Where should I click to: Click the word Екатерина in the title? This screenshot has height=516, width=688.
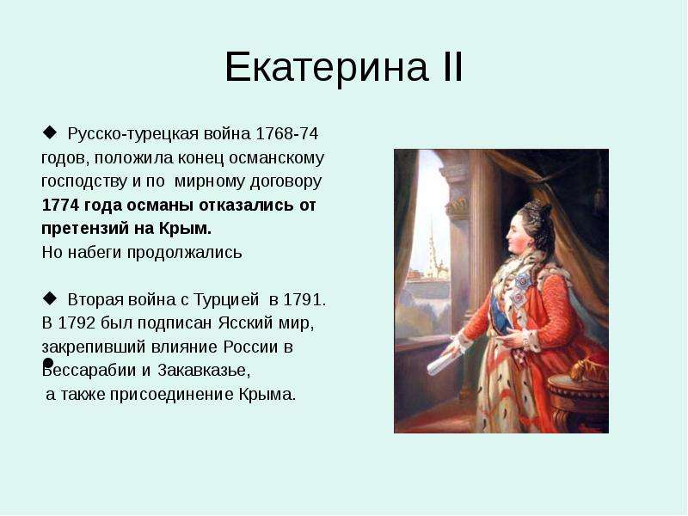point(327,67)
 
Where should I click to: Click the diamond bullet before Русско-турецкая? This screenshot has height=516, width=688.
point(50,132)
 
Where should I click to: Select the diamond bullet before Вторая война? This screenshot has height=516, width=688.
point(50,298)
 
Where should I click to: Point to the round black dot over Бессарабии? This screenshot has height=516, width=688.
point(48,363)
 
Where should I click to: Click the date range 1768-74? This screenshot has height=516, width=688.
point(286,133)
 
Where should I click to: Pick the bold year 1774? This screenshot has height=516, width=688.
point(60,205)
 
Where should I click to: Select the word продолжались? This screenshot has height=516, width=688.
point(184,253)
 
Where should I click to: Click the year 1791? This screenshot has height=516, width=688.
point(304,299)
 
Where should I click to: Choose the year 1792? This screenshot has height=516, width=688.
point(77,323)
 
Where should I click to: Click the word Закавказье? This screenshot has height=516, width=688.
point(204,371)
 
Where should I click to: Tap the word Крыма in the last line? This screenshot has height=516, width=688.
point(267,395)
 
